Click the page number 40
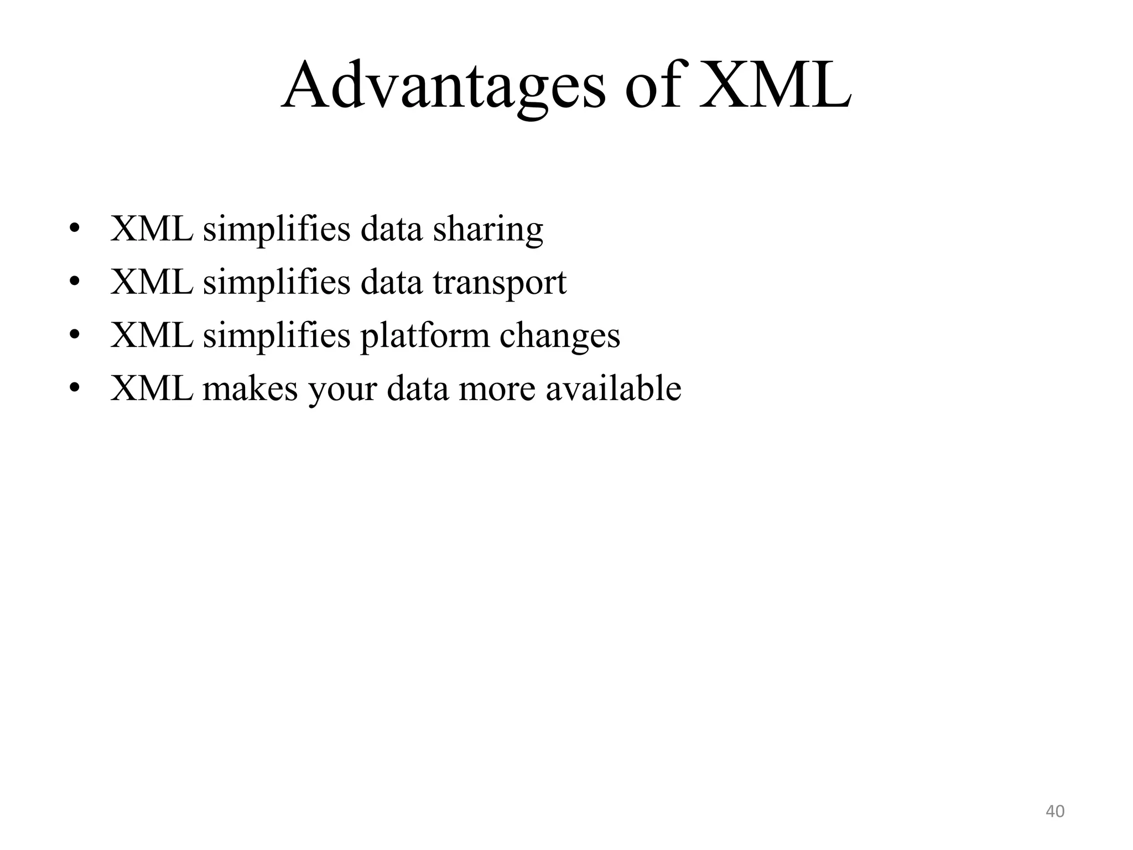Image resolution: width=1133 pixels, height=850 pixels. [x=1055, y=811]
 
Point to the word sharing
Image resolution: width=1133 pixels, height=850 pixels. [x=488, y=230]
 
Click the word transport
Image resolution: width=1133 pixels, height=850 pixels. [x=500, y=283]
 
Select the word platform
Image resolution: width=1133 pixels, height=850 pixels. [x=425, y=336]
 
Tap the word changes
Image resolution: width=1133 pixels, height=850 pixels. [x=560, y=336]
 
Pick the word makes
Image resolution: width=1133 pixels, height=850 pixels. [x=250, y=389]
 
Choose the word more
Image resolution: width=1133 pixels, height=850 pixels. [x=497, y=389]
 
